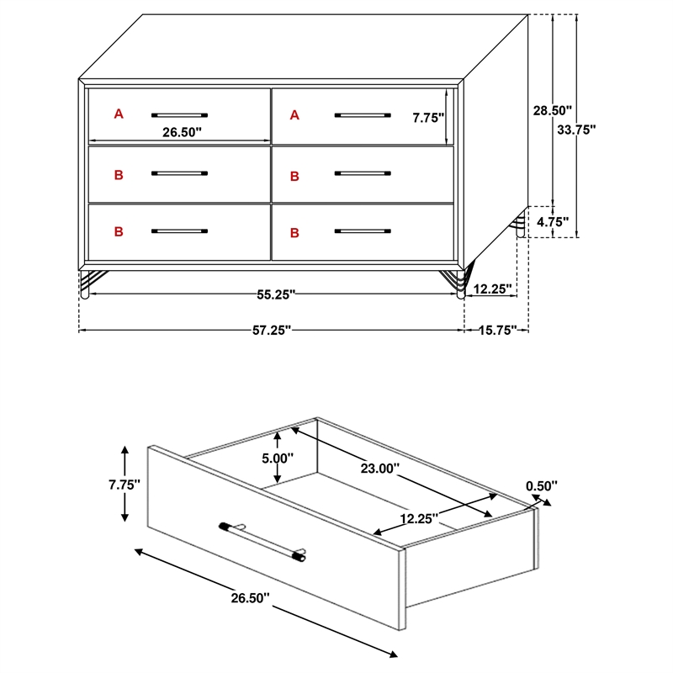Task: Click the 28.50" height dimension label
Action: [552, 110]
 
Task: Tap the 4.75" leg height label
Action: [552, 223]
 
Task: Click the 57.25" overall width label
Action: [272, 331]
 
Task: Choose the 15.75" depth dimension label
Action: [496, 331]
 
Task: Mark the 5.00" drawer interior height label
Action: [278, 458]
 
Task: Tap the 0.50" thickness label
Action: [542, 485]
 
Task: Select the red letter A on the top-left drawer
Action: [119, 114]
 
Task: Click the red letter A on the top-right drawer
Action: [294, 114]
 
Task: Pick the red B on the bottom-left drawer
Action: [119, 231]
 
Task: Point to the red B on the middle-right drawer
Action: [294, 176]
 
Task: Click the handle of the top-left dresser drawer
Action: [179, 114]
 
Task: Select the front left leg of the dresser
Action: [84, 284]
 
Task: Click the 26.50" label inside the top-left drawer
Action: [182, 132]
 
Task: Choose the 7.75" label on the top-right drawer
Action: [428, 119]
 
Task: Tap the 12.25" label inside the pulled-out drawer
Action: [417, 519]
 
